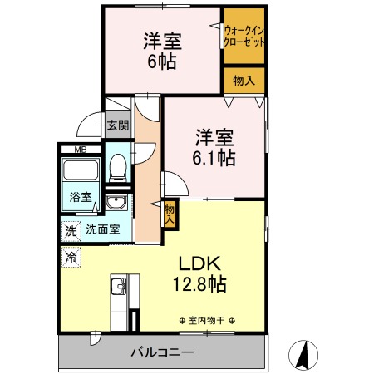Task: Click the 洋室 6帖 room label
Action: [162, 51]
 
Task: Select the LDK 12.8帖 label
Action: [199, 274]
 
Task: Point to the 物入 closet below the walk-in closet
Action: [244, 81]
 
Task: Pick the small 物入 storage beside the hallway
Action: [170, 214]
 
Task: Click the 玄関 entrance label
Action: [118, 126]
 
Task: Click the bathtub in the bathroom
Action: [81, 173]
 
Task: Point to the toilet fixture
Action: [118, 166]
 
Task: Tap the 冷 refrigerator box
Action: [71, 258]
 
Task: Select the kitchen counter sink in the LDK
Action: [117, 288]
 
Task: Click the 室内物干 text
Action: [207, 321]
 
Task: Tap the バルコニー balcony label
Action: [162, 352]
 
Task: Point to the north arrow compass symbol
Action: [304, 355]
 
